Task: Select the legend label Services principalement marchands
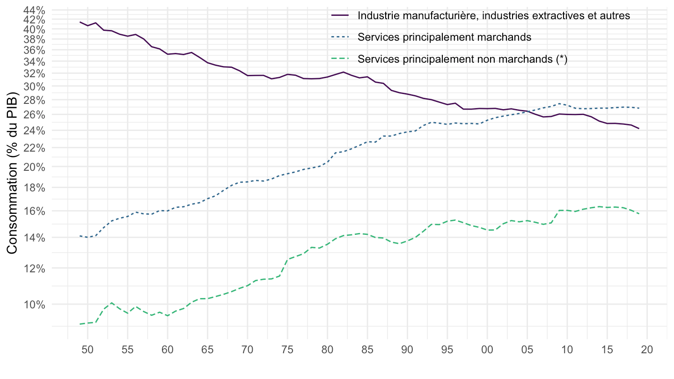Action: [x=444, y=37]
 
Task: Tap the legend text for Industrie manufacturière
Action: [x=494, y=15]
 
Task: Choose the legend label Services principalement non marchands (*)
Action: [x=462, y=59]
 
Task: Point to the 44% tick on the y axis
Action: [x=33, y=10]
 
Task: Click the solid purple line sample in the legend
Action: [x=340, y=15]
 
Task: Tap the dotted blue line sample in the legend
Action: [x=340, y=37]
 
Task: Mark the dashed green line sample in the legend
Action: [x=340, y=59]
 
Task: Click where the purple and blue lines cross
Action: [x=527, y=111]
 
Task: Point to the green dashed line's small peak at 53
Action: [x=111, y=303]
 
